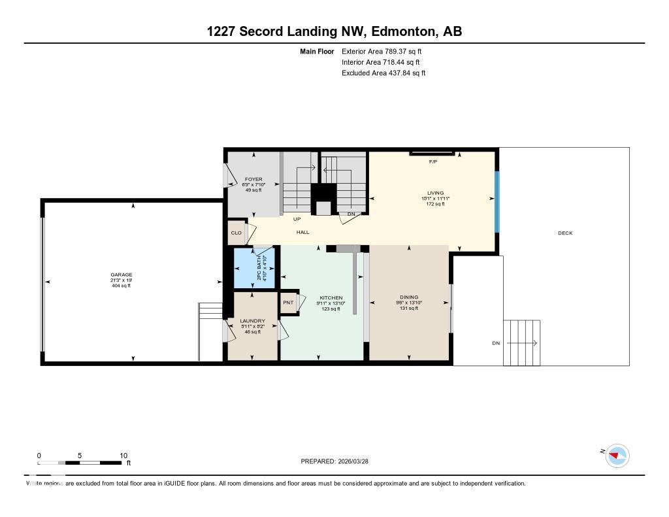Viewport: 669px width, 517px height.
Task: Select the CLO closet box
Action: point(236,233)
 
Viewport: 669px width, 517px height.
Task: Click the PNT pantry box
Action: point(288,303)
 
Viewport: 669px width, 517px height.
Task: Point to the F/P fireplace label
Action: point(432,161)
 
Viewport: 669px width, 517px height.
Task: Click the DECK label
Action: point(565,233)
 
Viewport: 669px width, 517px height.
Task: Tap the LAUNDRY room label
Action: point(252,321)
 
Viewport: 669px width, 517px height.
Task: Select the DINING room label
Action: point(409,297)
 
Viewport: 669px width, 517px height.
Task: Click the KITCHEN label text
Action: point(331,298)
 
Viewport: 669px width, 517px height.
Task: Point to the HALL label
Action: point(302,232)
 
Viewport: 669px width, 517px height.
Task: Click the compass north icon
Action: point(617,456)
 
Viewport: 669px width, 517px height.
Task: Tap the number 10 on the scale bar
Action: point(123,456)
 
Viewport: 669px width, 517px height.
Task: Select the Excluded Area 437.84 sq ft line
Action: point(383,73)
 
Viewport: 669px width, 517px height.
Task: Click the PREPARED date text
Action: point(339,461)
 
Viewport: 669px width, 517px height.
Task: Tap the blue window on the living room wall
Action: point(497,201)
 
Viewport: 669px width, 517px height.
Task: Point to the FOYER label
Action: point(253,179)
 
